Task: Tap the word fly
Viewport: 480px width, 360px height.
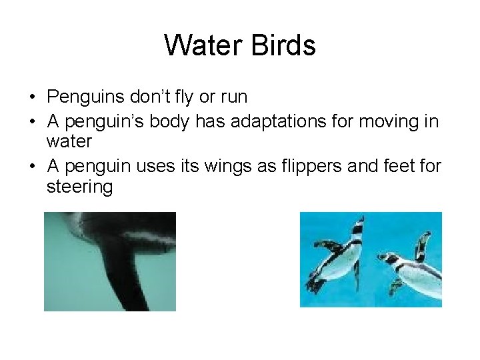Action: [182, 97]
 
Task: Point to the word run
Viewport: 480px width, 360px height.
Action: [233, 97]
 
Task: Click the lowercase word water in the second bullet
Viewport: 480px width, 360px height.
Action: [69, 142]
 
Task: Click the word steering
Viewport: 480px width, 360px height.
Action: [80, 187]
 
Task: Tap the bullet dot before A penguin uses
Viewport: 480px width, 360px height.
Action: [32, 166]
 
